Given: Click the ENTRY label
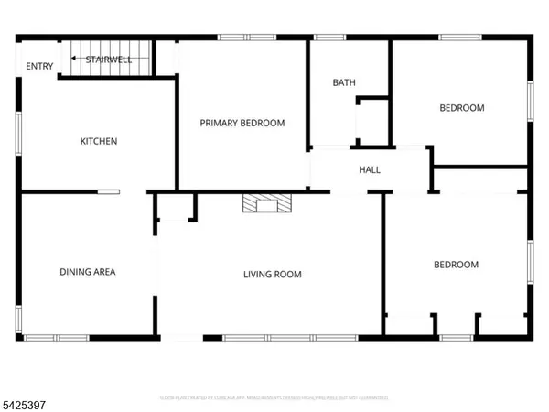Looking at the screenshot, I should coord(39,66).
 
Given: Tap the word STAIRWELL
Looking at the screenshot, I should coord(108,60).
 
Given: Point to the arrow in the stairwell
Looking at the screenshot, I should coord(76,59).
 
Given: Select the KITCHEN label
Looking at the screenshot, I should coord(99,141).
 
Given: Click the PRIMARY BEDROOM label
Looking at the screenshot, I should coord(242,123).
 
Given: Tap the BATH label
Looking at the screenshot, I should coord(344,83).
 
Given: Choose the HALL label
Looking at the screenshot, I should coord(370,169).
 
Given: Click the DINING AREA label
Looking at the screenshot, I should coord(88,271).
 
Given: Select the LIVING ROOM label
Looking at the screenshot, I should coord(272,274).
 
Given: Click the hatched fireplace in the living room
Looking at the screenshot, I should coord(266,203).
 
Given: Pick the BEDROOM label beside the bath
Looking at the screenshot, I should coord(462,108).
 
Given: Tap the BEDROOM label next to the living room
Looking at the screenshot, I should coord(456,265).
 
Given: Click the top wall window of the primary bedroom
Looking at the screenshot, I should coord(247,38).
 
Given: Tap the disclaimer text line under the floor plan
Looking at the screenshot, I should coord(274,397).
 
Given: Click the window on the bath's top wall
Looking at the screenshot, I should coord(329,38).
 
